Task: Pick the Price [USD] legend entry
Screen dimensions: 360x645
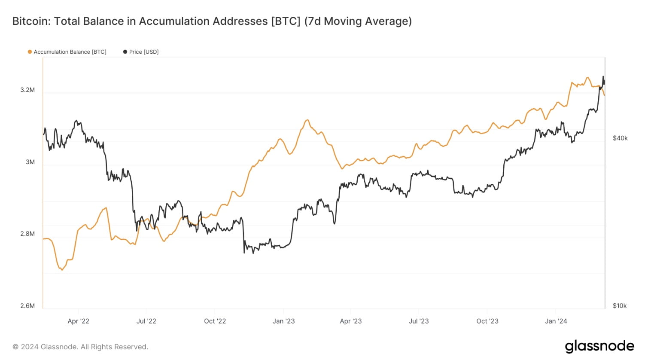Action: (x=143, y=52)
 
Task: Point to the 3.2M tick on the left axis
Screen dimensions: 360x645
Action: (x=27, y=90)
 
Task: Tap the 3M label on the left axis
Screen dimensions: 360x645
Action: (x=30, y=162)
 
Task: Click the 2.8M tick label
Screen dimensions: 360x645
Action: (x=27, y=234)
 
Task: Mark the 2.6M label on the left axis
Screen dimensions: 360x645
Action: (x=27, y=306)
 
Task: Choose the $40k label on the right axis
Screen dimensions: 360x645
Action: (x=620, y=138)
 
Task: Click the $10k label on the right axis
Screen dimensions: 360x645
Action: (x=620, y=306)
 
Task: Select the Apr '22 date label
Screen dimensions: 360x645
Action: (x=79, y=321)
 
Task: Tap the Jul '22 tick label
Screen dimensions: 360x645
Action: (x=146, y=321)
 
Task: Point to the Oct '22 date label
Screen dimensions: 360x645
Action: (x=215, y=321)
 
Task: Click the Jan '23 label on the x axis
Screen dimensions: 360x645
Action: (x=283, y=321)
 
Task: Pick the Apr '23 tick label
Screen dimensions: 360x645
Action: (x=351, y=321)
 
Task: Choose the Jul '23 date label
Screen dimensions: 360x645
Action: (x=419, y=321)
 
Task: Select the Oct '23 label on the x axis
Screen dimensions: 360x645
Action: (x=487, y=321)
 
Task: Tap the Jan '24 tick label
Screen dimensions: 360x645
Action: (x=556, y=321)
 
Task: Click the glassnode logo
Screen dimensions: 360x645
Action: (x=599, y=346)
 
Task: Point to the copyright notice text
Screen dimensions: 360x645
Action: (x=80, y=347)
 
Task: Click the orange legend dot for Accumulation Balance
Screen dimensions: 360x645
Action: (x=30, y=52)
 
